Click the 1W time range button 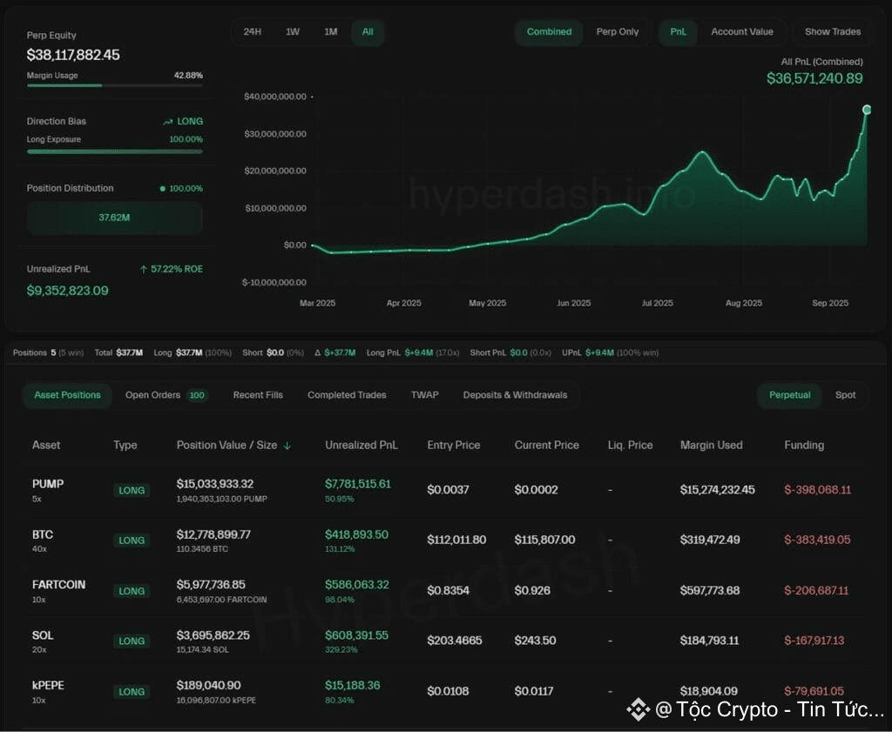pos(293,32)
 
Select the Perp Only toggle pos(618,32)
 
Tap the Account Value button pos(742,32)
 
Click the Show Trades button pos(832,32)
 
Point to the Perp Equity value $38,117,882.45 pos(73,55)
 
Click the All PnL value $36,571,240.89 pos(814,78)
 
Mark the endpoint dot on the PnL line pos(867,110)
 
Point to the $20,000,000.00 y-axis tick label pos(275,171)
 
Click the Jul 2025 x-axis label pos(657,303)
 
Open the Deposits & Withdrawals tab pos(515,395)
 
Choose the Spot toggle pos(845,395)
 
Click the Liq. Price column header pos(630,445)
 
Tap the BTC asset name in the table pos(43,534)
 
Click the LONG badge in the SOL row pos(132,641)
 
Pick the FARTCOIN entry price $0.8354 pos(449,590)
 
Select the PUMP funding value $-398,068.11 pos(817,490)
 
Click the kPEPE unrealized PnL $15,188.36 pos(352,685)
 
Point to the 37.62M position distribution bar pos(114,218)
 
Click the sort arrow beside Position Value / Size pos(287,446)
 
